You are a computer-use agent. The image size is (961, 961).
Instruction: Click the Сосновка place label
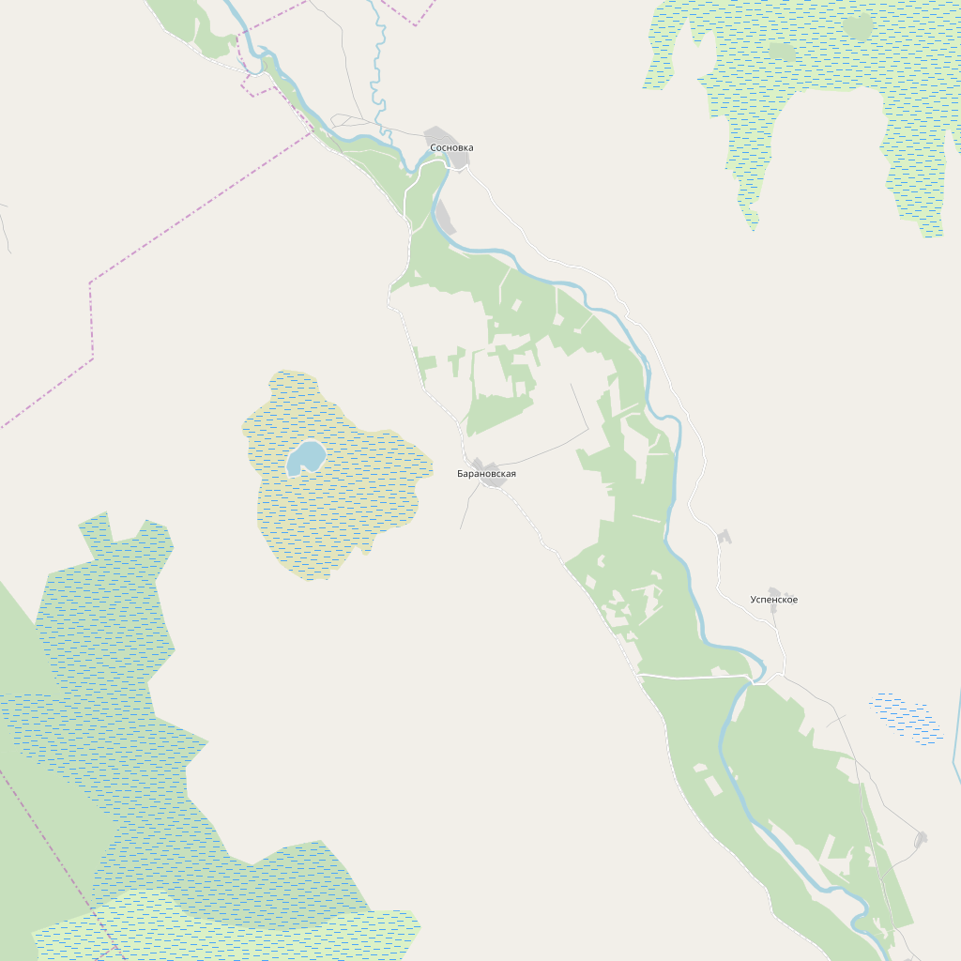[451, 148]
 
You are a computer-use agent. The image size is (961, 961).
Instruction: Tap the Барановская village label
[486, 474]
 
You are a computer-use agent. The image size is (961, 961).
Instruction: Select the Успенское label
[774, 600]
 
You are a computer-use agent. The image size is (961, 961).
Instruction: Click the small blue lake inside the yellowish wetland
[306, 458]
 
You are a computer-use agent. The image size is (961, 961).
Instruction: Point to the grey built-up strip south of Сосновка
[444, 217]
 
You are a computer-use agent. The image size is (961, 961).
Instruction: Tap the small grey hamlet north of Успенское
[724, 536]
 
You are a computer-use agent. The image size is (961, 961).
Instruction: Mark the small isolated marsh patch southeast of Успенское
[907, 718]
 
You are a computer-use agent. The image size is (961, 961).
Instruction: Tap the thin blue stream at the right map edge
[956, 741]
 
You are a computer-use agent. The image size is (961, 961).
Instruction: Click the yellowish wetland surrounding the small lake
[357, 507]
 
